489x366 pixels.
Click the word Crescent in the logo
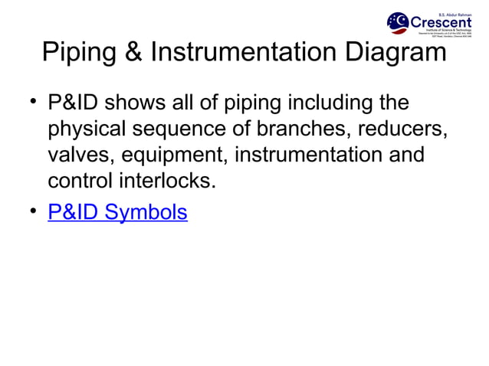pos(441,21)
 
